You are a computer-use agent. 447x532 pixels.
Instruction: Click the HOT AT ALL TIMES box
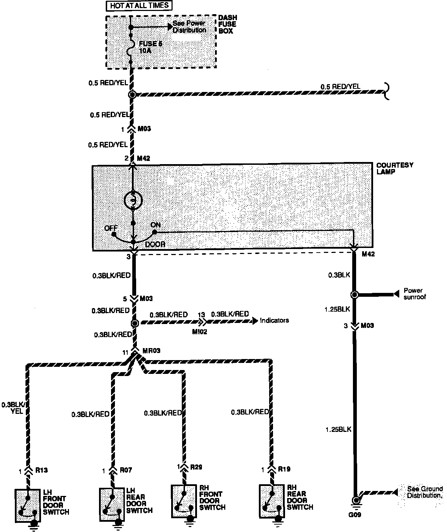pos(139,6)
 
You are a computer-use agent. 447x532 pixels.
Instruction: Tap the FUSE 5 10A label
pos(148,47)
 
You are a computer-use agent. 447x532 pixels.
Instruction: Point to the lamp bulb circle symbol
pos(133,200)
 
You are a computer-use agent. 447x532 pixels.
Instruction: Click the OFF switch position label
pos(111,228)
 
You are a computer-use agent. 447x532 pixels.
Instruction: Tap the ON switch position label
pos(156,225)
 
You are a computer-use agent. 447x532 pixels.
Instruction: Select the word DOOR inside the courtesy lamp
pos(155,244)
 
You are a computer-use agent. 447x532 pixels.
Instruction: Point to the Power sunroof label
pos(414,294)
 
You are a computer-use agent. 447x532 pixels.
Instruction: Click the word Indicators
pos(274,320)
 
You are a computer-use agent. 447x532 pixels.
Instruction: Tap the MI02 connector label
pos(199,332)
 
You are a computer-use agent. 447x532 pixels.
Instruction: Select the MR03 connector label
pos(151,351)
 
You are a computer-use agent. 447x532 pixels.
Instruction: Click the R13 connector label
pos(42,470)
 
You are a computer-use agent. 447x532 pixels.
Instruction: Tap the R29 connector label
pos(196,467)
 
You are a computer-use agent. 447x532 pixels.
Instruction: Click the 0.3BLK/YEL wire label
pos(13,408)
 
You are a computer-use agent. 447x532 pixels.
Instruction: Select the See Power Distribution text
pos(189,27)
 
